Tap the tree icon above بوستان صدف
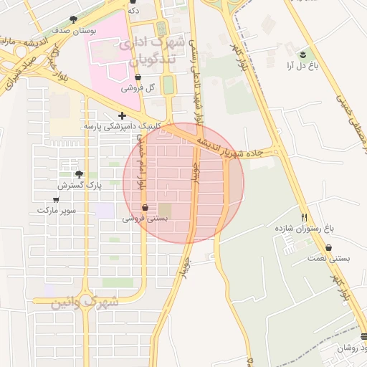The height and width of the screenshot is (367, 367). click(74, 20)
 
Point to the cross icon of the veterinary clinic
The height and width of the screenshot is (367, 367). click(122, 115)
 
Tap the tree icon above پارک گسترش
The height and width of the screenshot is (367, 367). click(79, 174)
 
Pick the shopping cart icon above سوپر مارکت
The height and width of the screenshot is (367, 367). click(56, 200)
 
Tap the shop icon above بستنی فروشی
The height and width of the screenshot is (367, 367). click(146, 207)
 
